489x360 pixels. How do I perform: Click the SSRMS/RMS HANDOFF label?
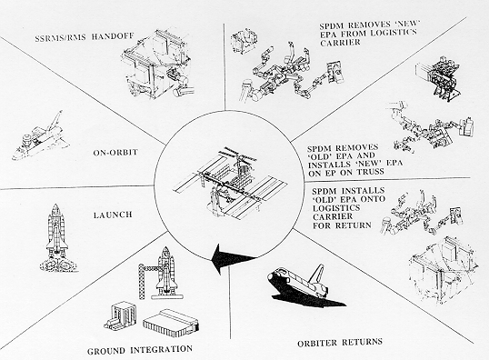pos(85,36)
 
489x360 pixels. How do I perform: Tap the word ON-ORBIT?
pos(115,153)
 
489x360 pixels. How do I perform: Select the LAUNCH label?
pos(113,215)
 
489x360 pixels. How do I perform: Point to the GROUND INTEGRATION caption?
pos(140,350)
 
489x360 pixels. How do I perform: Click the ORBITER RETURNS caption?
pos(340,342)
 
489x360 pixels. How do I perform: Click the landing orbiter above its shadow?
pos(299,279)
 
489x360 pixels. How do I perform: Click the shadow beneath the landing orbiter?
pos(309,298)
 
